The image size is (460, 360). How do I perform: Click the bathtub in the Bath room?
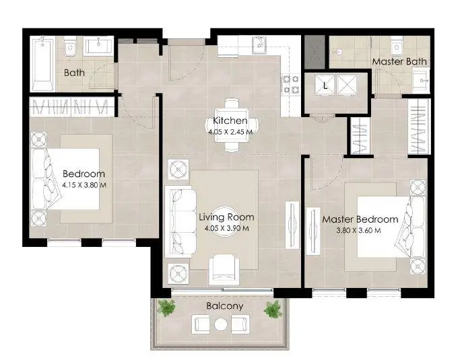42,64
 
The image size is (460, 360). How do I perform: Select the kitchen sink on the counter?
259,45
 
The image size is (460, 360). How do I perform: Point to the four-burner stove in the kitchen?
291,84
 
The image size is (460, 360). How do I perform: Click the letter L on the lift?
325,85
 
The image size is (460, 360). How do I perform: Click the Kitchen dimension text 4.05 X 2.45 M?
230,132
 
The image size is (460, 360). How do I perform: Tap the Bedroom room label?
84,174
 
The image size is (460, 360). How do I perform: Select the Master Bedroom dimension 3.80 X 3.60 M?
358,230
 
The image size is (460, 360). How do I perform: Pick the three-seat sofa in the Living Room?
180,221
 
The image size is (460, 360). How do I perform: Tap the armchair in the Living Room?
224,269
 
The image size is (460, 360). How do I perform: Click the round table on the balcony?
221,324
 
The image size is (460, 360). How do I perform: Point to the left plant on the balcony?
166,308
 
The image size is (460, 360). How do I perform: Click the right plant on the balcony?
273,309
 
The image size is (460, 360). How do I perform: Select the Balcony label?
225,306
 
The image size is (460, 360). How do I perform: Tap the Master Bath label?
399,61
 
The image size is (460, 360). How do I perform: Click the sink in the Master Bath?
421,80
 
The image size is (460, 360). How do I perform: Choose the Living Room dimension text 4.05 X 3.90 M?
227,228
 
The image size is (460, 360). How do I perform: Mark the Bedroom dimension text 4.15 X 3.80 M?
84,185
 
